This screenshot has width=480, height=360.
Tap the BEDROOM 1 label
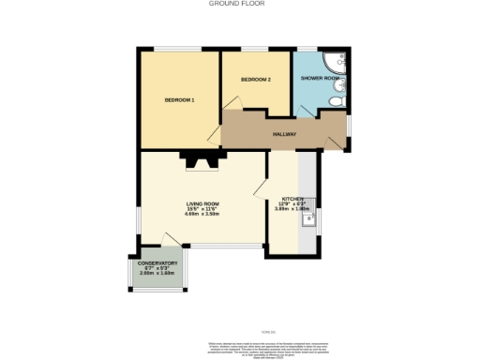pyautogui.click(x=179, y=100)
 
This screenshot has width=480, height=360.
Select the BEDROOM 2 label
pyautogui.click(x=255, y=80)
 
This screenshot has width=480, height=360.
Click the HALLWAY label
pyautogui.click(x=284, y=134)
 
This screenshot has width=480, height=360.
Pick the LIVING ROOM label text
pyautogui.click(x=202, y=203)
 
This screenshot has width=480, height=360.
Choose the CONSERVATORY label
pyautogui.click(x=157, y=263)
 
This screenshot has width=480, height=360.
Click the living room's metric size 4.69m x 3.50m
pyautogui.click(x=202, y=215)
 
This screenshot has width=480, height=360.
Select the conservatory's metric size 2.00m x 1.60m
pyautogui.click(x=157, y=274)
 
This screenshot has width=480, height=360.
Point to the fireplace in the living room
pyautogui.click(x=201, y=161)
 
